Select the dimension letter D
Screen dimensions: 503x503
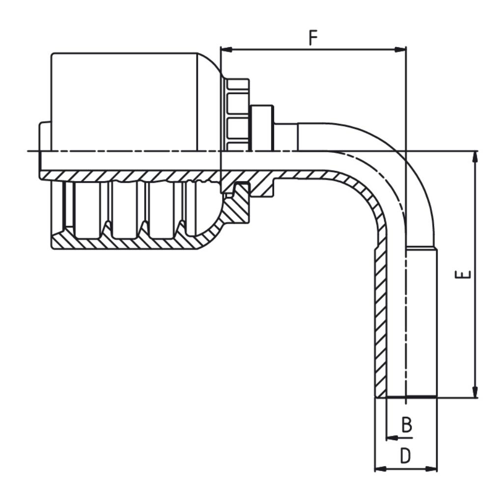[x=405, y=456]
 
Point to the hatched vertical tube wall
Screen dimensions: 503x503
[x=380, y=319]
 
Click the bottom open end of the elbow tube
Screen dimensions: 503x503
[x=406, y=397]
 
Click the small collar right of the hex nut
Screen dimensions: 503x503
[x=262, y=127]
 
